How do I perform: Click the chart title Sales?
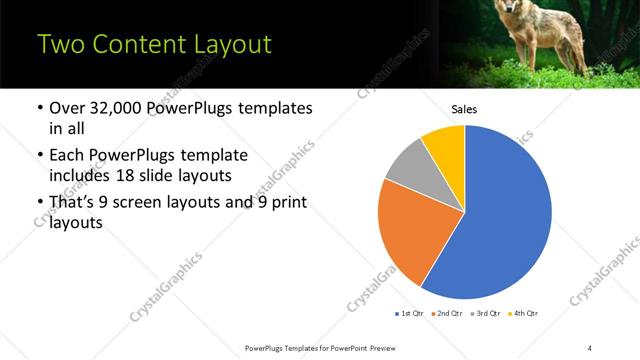point(465,109)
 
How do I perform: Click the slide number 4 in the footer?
point(590,347)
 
